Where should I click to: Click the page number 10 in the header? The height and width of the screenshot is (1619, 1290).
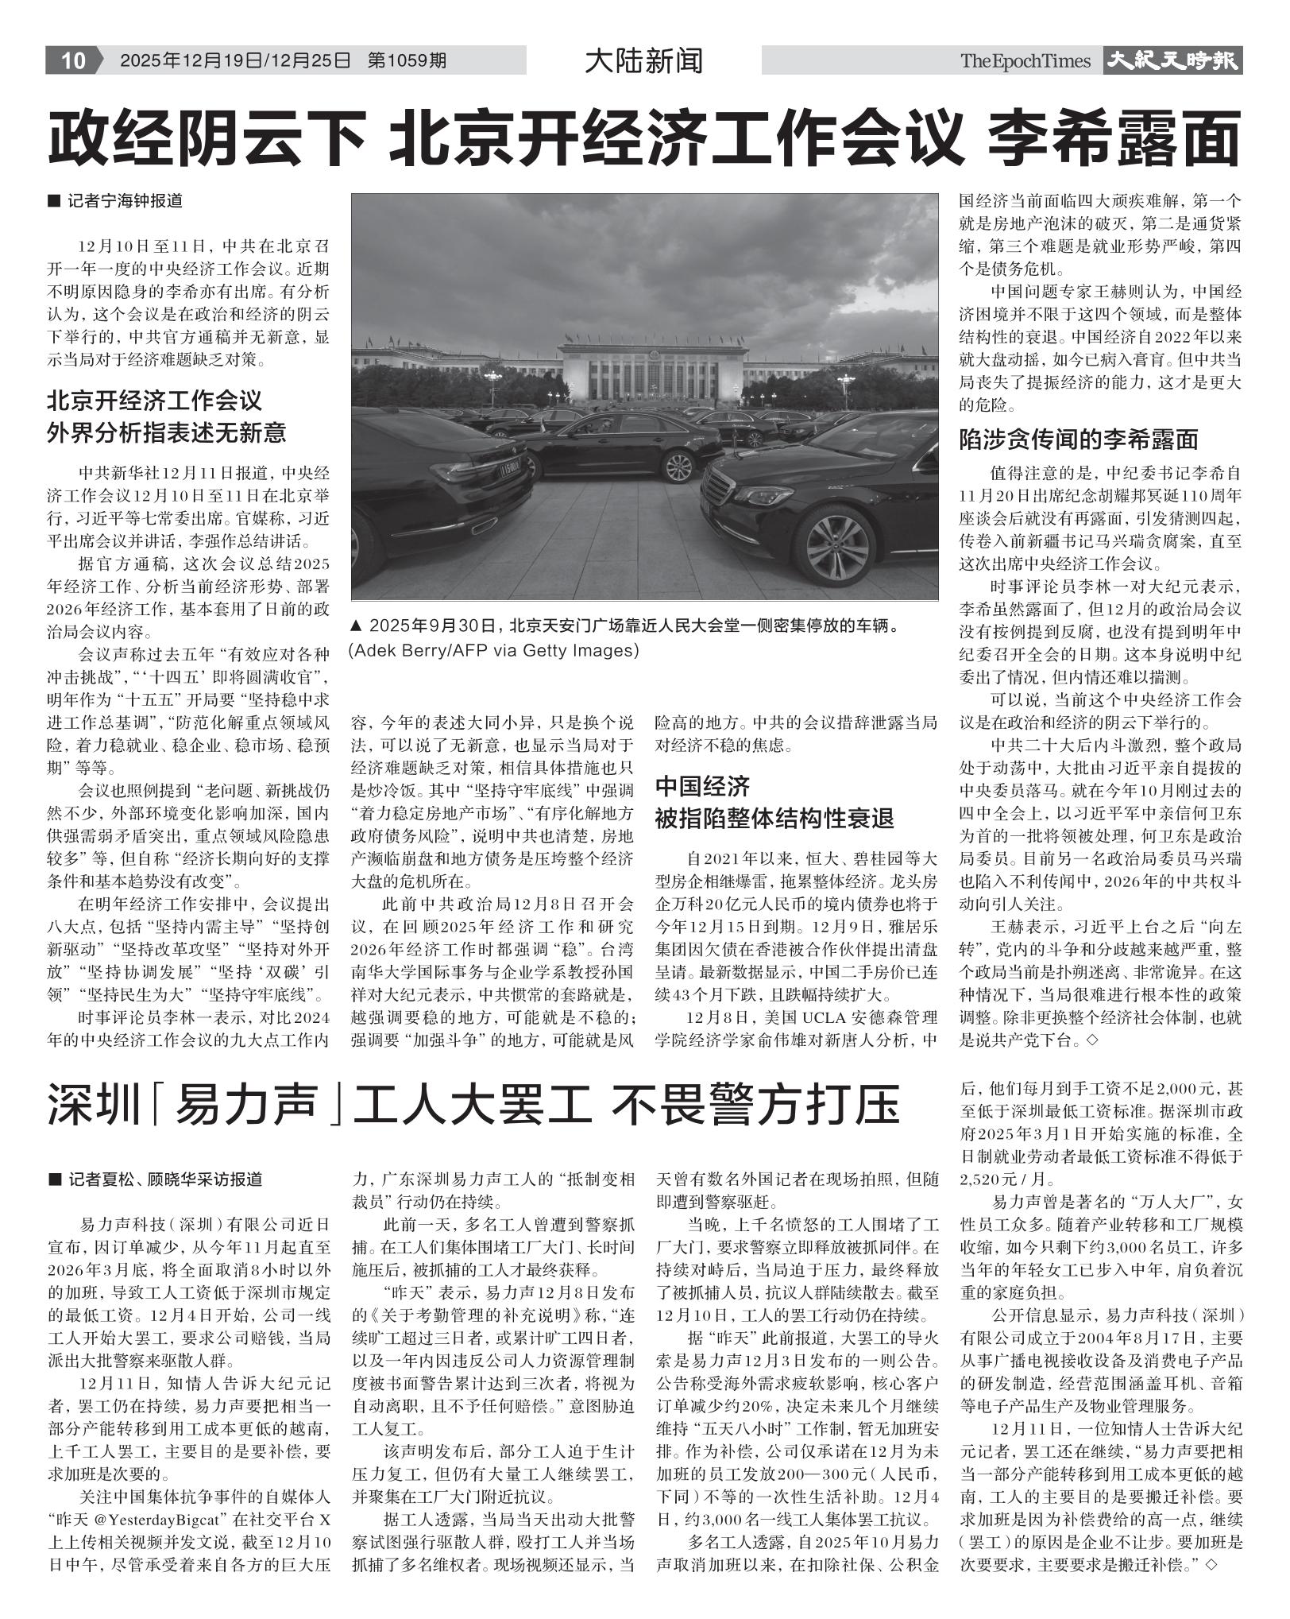coord(72,61)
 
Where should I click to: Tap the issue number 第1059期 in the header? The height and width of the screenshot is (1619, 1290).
coord(407,61)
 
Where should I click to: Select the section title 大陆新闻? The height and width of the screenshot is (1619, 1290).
coord(643,61)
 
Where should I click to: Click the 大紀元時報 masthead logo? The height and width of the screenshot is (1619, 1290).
coord(1172,61)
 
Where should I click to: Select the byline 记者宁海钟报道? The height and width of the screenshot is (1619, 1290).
coord(124,201)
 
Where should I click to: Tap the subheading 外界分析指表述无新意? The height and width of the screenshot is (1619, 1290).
coord(167,432)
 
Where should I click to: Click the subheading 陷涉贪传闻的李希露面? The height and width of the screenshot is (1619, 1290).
coord(1078,439)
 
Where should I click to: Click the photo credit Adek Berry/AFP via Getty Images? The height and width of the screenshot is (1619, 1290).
coord(493,650)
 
